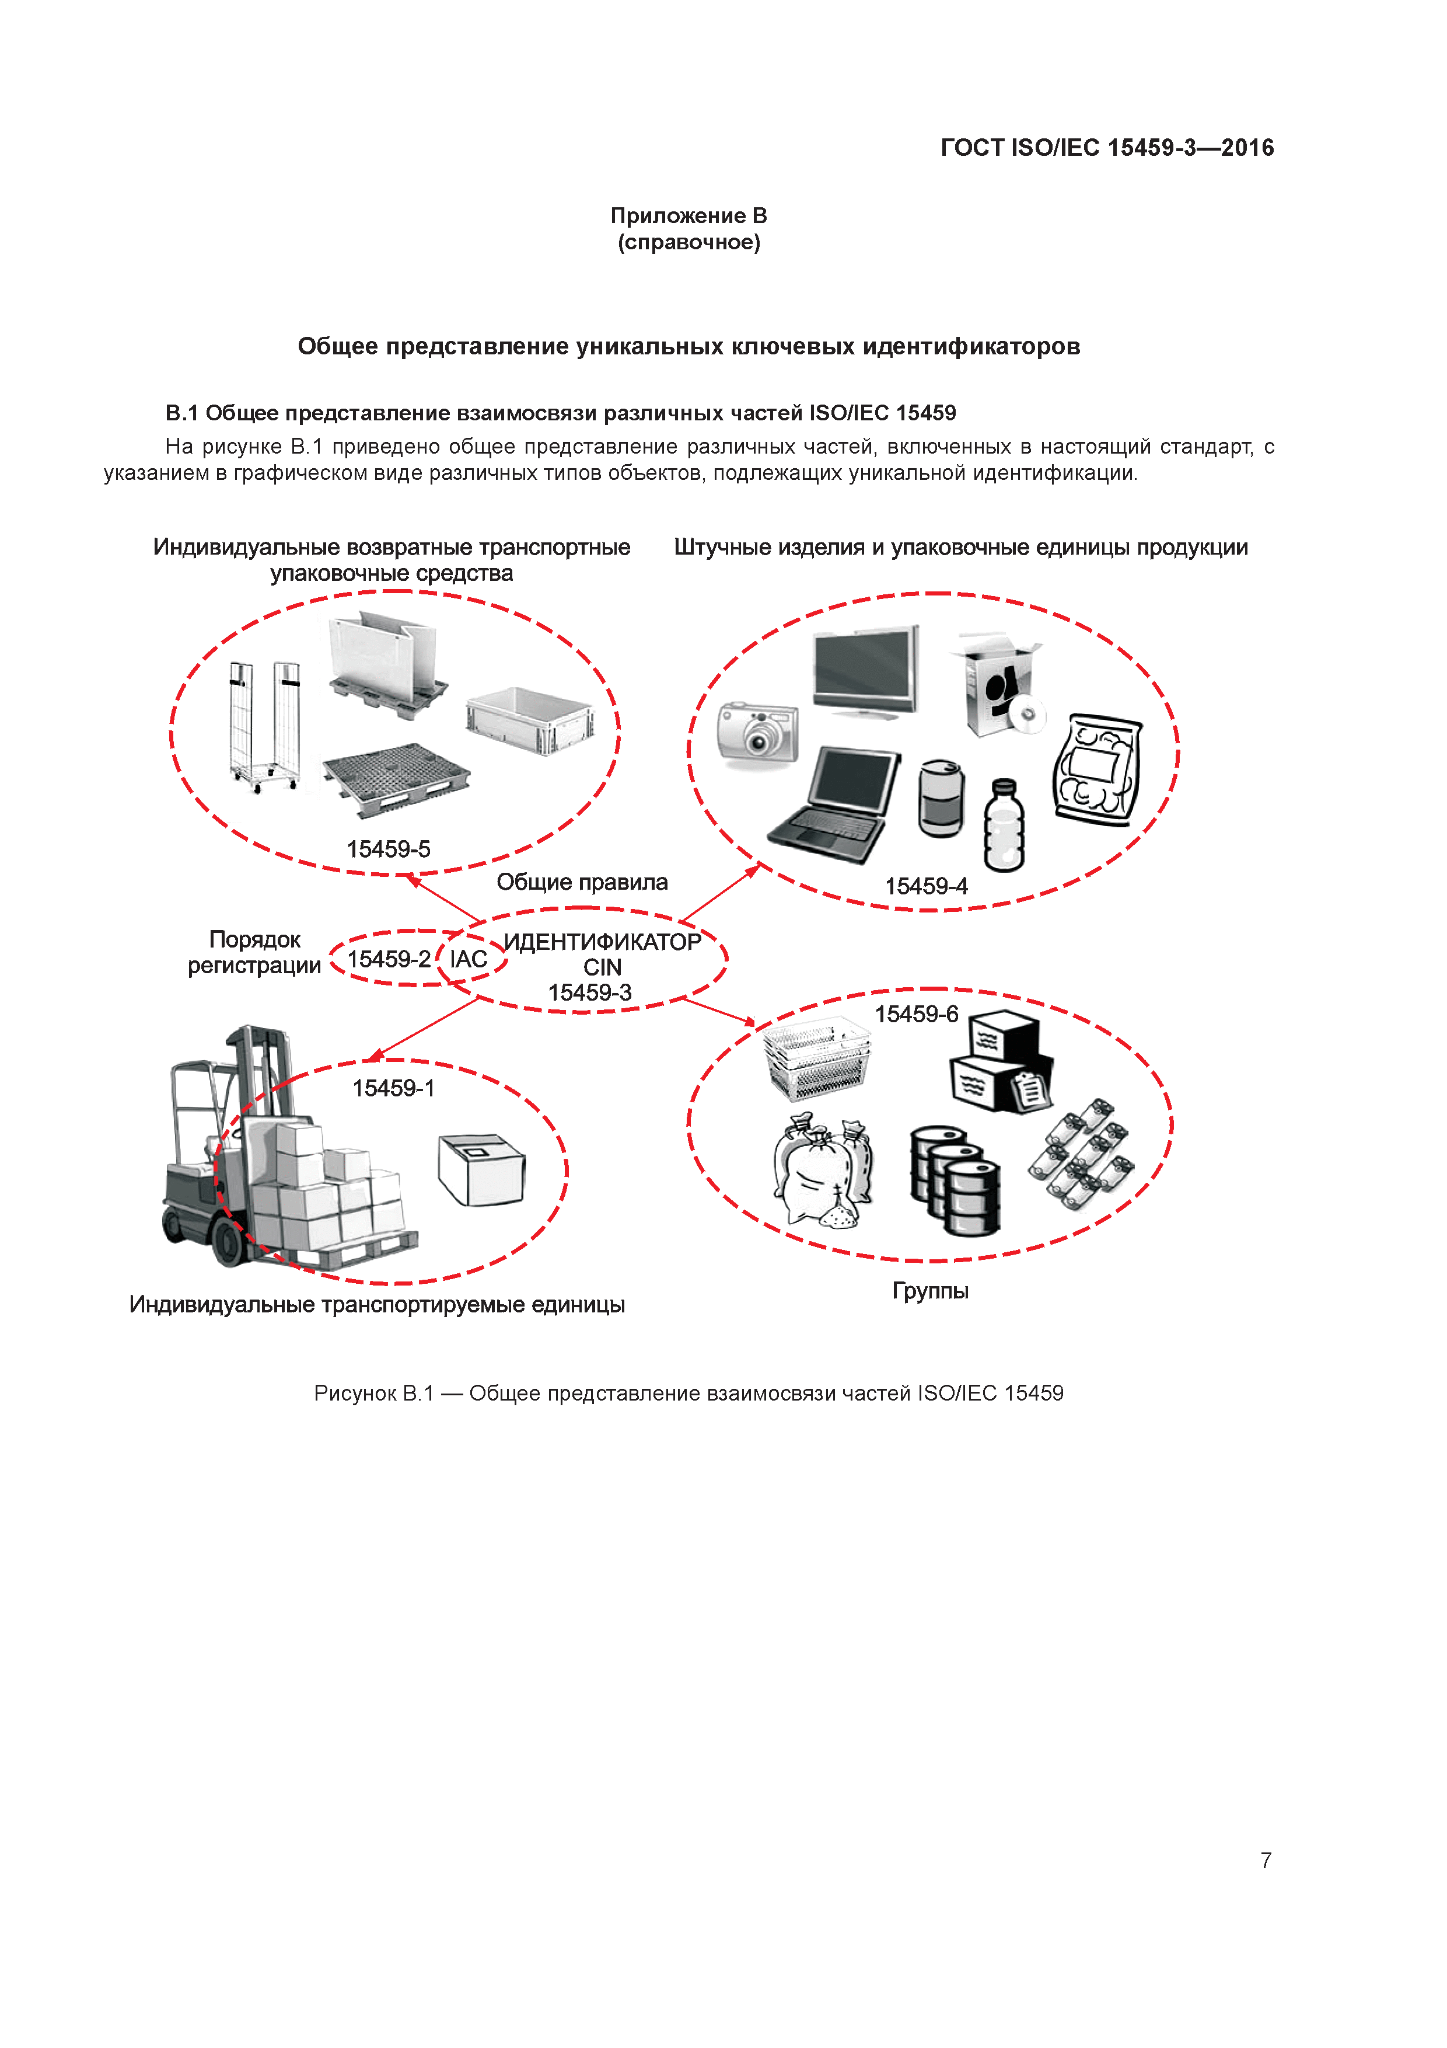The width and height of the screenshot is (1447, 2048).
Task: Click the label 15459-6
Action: [917, 1014]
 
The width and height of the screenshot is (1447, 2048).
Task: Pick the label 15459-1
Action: [393, 1088]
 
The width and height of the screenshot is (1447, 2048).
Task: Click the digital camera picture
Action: [758, 732]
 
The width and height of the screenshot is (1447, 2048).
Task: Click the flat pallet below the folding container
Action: [396, 779]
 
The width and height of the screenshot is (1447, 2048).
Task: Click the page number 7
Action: [1266, 1860]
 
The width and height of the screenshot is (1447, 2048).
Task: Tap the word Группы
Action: [930, 1291]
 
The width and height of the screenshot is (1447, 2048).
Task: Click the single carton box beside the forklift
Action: [481, 1169]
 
